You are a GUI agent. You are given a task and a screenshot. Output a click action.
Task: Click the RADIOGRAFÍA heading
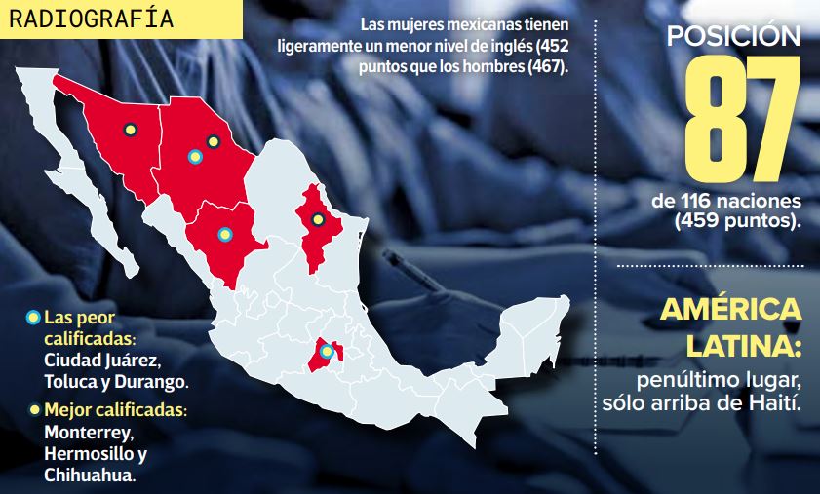[91, 19]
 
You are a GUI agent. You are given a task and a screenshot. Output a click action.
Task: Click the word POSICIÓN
[734, 36]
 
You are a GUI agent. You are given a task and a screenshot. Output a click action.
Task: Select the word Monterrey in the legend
[90, 431]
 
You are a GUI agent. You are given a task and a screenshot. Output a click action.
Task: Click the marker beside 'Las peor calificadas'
[33, 317]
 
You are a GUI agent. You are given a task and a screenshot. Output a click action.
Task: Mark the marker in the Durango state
[224, 234]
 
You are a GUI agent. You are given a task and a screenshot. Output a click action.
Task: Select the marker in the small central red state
[327, 352]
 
